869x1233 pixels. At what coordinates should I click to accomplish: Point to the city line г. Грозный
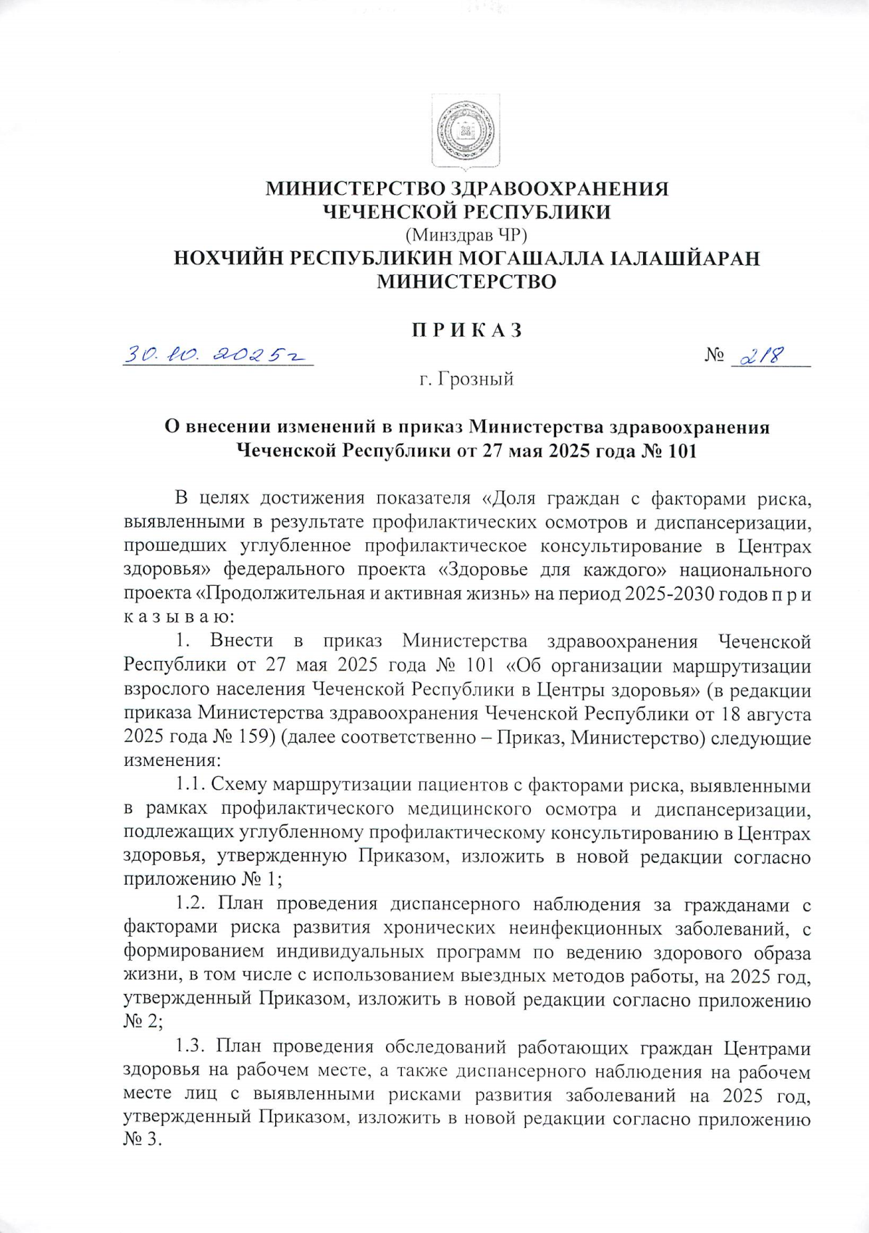tap(467, 379)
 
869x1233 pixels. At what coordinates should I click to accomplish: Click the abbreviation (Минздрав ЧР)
tap(466, 235)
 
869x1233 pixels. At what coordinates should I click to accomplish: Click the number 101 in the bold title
tap(678, 451)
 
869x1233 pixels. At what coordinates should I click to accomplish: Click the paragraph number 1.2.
tap(192, 904)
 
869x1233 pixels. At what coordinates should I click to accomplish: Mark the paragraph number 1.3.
tap(192, 1048)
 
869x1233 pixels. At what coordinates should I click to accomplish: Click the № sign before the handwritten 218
tap(715, 356)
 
